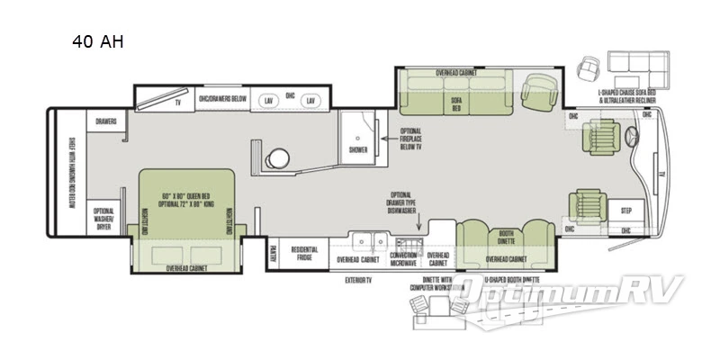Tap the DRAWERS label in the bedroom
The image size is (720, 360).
tap(106, 121)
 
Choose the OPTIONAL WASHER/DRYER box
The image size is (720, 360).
tap(104, 219)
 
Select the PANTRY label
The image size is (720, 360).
tap(273, 252)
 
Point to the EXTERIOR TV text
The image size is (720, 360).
tap(359, 279)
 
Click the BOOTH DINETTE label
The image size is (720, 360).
tap(507, 238)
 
